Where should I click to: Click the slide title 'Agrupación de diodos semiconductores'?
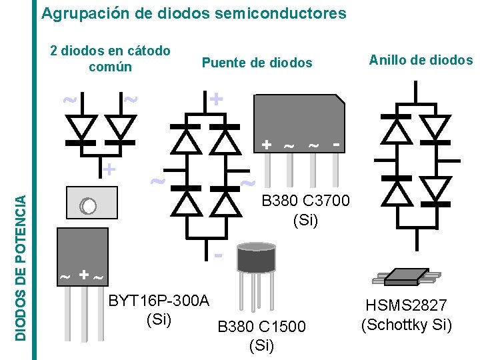(x=193, y=13)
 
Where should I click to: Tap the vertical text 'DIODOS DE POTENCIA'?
(x=21, y=267)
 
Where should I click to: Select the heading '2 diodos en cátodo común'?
(x=110, y=59)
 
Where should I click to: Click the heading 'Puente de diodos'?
(x=257, y=63)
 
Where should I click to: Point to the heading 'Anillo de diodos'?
(x=420, y=60)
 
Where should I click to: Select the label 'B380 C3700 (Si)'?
(x=305, y=210)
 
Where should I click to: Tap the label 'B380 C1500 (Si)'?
(x=261, y=335)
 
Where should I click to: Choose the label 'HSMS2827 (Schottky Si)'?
(x=406, y=315)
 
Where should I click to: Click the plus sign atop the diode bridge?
(x=215, y=99)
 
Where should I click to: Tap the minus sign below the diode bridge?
(x=218, y=255)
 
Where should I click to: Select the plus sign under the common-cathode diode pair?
(x=109, y=169)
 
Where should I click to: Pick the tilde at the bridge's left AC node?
(x=157, y=181)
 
